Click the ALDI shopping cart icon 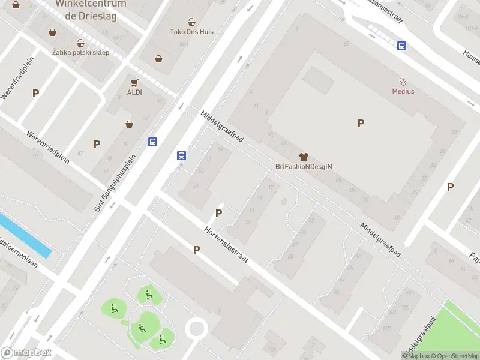[x=134, y=83]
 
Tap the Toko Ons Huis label [x=191, y=32]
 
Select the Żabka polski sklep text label [x=80, y=53]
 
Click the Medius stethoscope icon [x=403, y=81]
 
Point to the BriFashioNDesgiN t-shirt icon [x=304, y=156]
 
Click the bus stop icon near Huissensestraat [x=401, y=46]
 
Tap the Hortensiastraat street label [x=226, y=247]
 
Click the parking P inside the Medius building [x=361, y=124]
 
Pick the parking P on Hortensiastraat [x=196, y=250]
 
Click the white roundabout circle [x=196, y=329]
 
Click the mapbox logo [x=26, y=353]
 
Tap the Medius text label [x=403, y=91]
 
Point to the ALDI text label [x=134, y=93]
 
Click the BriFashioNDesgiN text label [x=304, y=166]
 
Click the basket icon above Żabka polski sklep [x=80, y=43]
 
